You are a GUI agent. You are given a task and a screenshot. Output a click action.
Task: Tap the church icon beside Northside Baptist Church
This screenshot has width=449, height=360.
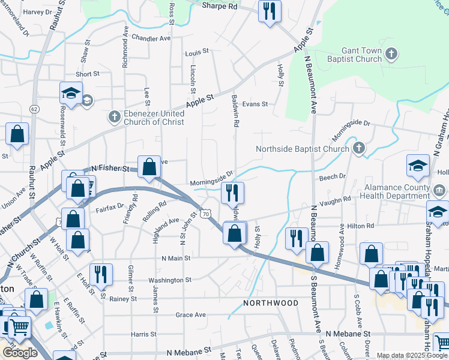[359, 148]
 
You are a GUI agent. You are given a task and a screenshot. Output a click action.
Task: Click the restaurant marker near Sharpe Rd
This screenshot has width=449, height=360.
[269, 11]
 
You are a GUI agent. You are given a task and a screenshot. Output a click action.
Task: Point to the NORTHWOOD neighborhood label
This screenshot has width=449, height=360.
[271, 303]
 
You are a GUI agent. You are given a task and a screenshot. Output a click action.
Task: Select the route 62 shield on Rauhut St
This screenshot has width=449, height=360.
[34, 109]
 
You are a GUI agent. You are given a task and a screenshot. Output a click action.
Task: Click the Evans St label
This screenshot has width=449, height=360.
[255, 104]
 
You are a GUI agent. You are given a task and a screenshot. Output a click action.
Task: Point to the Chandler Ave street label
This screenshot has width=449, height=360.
[151, 38]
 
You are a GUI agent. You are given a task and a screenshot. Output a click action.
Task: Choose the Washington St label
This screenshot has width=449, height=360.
[170, 280]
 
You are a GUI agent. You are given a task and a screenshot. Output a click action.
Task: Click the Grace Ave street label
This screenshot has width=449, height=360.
[190, 314]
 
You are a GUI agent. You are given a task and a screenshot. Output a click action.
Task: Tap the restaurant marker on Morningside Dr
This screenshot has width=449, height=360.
[232, 193]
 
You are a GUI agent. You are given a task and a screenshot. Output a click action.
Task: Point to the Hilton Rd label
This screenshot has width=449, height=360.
[360, 226]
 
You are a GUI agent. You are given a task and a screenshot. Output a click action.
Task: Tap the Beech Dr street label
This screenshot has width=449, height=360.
[333, 176]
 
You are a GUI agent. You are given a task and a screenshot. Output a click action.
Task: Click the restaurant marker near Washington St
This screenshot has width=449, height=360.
[101, 274]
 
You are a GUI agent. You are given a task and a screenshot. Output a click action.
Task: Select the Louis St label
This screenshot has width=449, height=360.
[197, 52]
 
